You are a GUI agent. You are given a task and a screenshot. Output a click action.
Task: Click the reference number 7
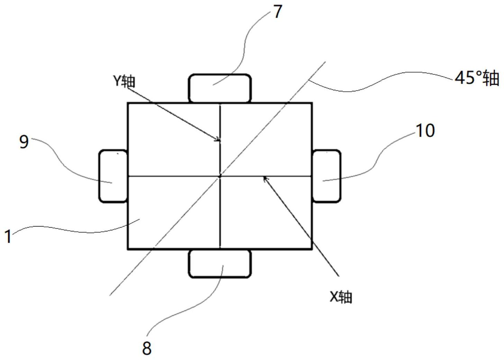click(x=277, y=12)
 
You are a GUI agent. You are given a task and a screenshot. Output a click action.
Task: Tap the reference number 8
click(x=147, y=348)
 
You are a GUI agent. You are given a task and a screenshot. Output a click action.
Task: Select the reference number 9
click(x=24, y=142)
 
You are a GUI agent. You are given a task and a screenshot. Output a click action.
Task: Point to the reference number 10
click(x=425, y=131)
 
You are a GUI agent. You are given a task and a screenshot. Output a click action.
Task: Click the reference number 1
click(x=8, y=237)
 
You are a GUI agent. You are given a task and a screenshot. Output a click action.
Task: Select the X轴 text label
click(x=341, y=297)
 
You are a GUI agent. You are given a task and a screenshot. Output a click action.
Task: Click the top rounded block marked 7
click(x=220, y=88)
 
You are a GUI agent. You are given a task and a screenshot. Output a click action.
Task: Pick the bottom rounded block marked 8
click(x=220, y=264)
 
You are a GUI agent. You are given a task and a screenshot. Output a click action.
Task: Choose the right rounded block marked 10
click(x=326, y=176)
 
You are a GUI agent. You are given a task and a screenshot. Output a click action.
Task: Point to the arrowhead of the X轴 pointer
click(x=265, y=178)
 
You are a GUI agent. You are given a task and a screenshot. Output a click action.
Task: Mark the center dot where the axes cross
click(x=220, y=176)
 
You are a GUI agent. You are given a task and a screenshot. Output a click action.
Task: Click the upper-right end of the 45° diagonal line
click(x=325, y=62)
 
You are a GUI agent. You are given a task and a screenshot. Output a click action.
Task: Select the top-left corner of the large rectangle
click(x=128, y=103)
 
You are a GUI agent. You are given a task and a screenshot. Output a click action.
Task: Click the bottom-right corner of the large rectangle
click(x=312, y=248)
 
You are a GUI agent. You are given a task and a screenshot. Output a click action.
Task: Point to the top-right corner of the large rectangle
click(x=312, y=103)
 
